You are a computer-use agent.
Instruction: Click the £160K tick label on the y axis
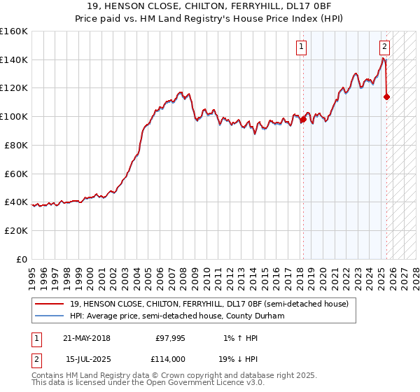pos(14,31)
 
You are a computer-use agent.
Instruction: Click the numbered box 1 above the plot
pos(302,48)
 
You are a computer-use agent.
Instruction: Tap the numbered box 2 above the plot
pos(384,48)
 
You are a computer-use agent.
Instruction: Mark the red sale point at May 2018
pos(303,120)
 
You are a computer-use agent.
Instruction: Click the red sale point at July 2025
pos(387,97)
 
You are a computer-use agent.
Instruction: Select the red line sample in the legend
pos(49,304)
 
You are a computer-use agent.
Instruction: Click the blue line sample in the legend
pos(49,316)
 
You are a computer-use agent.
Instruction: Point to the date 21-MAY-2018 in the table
pos(87,338)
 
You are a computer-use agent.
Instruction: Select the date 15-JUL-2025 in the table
pos(87,358)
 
